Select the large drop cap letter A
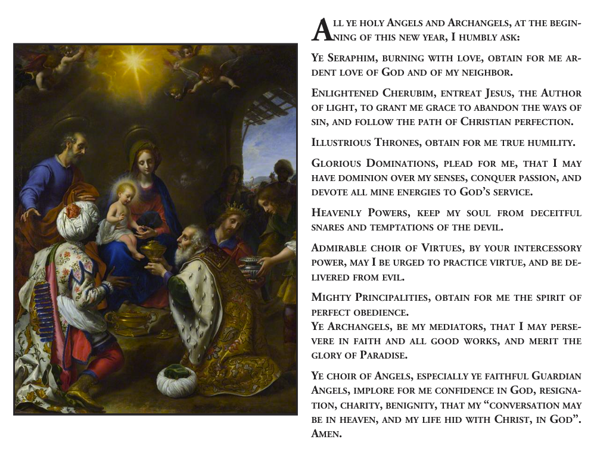(321, 30)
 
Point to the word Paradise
(387, 356)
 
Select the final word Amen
(326, 434)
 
